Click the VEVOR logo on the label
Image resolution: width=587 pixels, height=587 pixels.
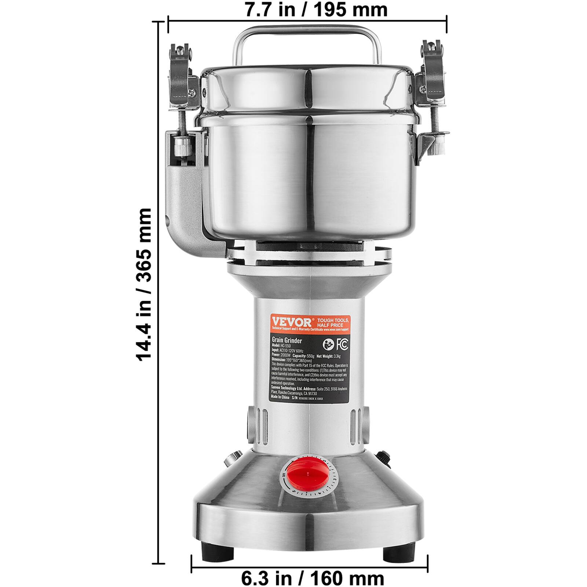tap(292, 322)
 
